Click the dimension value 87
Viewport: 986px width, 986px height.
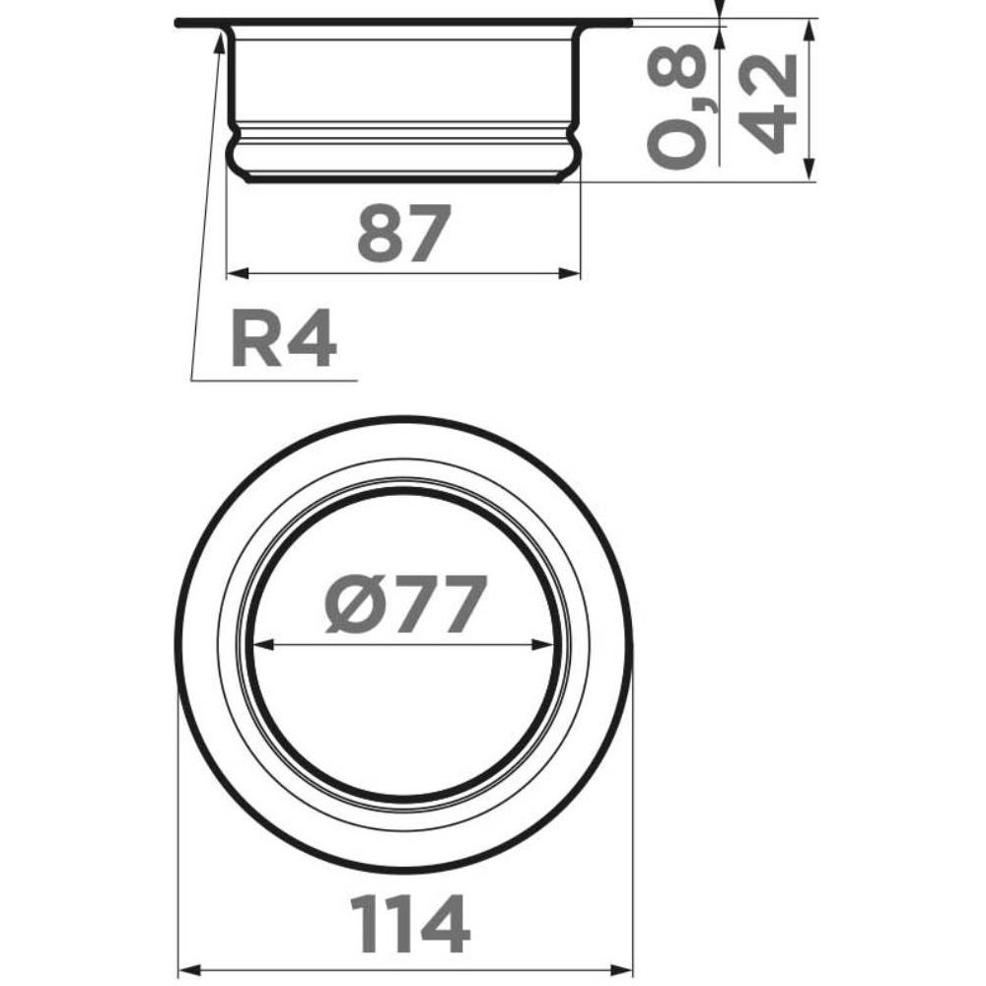pyautogui.click(x=403, y=232)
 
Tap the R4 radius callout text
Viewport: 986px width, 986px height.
pyautogui.click(x=284, y=338)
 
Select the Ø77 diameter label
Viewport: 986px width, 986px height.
pyautogui.click(x=405, y=603)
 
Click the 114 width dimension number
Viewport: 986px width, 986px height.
pyautogui.click(x=410, y=924)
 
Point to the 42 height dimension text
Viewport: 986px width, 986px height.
pyautogui.click(x=767, y=104)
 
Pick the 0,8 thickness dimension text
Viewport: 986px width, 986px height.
pyautogui.click(x=678, y=106)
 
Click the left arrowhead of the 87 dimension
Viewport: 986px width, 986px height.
pyautogui.click(x=237, y=273)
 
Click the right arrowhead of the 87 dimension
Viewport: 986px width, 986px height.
pyautogui.click(x=570, y=273)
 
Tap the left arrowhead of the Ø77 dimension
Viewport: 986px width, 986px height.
pyautogui.click(x=264, y=645)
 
